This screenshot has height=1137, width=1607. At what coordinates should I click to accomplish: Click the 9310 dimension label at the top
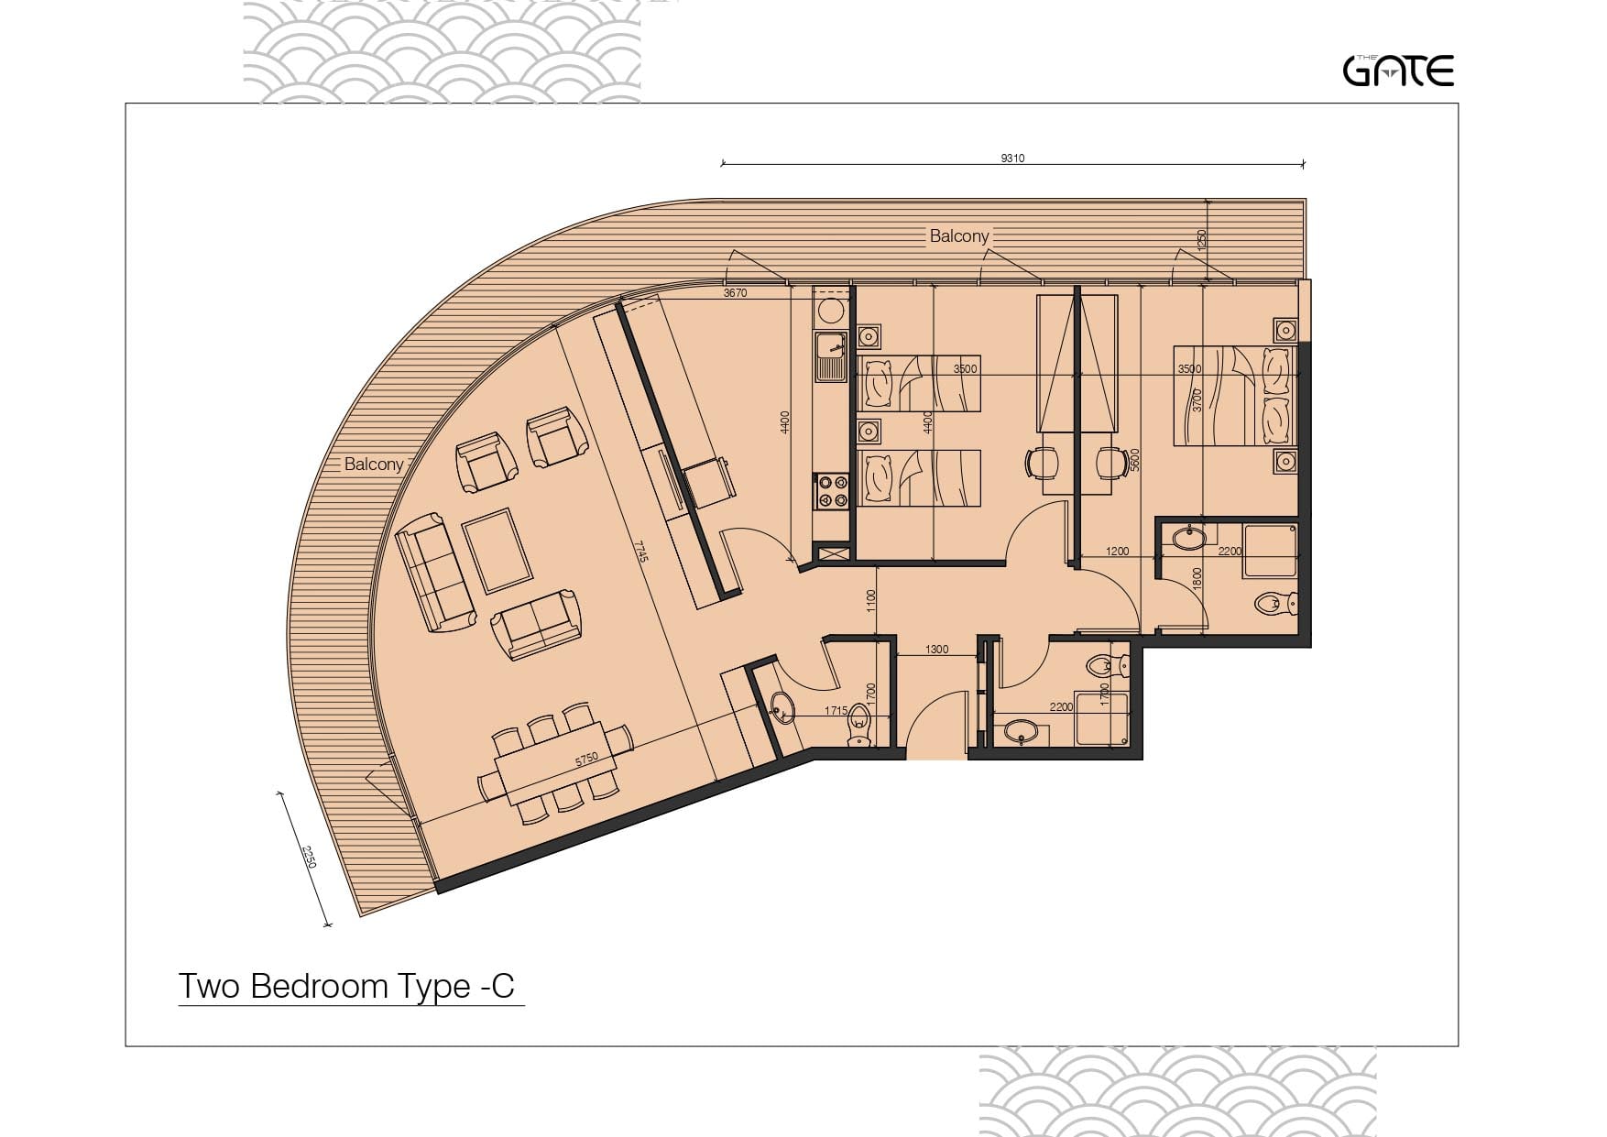pyautogui.click(x=1012, y=159)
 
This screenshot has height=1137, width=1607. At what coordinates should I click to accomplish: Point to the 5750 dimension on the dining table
pyautogui.click(x=586, y=759)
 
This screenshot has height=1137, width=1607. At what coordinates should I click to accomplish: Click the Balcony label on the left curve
pyautogui.click(x=374, y=465)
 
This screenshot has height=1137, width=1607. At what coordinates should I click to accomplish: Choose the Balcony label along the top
pyautogui.click(x=959, y=235)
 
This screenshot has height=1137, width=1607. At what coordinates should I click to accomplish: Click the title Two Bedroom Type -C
pyautogui.click(x=346, y=986)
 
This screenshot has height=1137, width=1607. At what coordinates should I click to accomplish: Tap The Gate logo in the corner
pyautogui.click(x=1398, y=71)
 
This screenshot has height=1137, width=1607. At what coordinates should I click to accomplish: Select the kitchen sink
pyautogui.click(x=831, y=356)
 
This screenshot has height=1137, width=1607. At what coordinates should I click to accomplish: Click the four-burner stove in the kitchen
pyautogui.click(x=832, y=490)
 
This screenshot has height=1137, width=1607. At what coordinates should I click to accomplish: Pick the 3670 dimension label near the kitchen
pyautogui.click(x=735, y=293)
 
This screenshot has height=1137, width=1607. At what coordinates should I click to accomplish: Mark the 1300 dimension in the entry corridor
pyautogui.click(x=936, y=650)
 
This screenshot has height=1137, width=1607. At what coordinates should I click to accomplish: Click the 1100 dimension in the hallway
pyautogui.click(x=871, y=601)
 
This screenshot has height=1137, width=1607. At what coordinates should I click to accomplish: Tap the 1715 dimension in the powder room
pyautogui.click(x=836, y=710)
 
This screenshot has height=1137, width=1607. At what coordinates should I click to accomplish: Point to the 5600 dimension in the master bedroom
pyautogui.click(x=1134, y=459)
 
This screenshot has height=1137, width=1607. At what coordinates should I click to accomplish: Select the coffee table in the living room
pyautogui.click(x=497, y=551)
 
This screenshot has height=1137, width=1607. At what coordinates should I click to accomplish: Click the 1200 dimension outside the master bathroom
pyautogui.click(x=1117, y=552)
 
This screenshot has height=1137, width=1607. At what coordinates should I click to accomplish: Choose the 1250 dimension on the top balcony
pyautogui.click(x=1202, y=241)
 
